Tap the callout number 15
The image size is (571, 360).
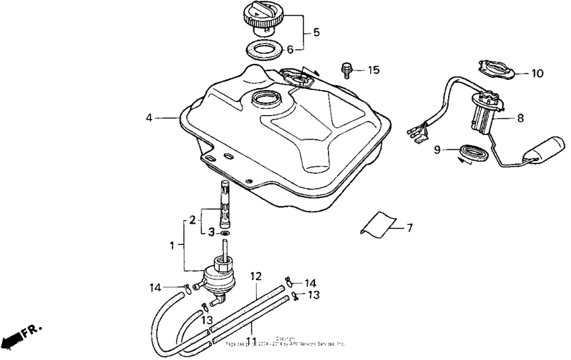[374, 70]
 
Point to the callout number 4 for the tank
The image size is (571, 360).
[148, 118]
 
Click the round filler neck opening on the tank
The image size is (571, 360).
[264, 100]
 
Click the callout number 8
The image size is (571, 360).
[519, 118]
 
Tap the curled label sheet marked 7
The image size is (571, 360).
[378, 223]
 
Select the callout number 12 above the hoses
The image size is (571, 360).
[256, 276]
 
